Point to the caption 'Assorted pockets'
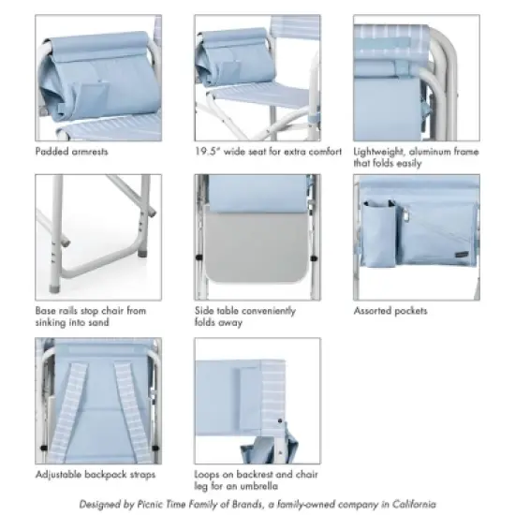pyautogui.click(x=390, y=311)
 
